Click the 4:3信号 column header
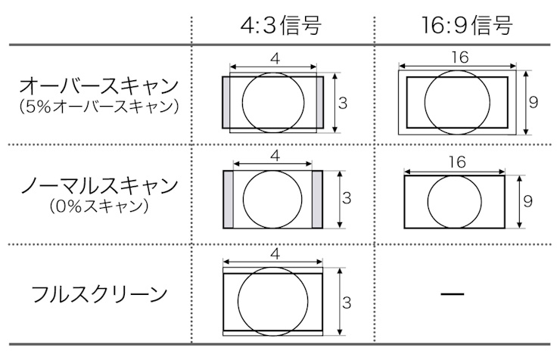[281, 26]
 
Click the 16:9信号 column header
[467, 26]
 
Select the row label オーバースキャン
[99, 86]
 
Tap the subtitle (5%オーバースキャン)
[99, 107]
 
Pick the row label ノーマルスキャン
[99, 185]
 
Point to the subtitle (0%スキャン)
[99, 206]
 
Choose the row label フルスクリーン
[99, 295]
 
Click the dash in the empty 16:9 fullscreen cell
[452, 294]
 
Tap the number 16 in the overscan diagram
[459, 57]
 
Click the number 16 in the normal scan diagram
[458, 163]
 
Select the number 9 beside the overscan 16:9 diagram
[534, 103]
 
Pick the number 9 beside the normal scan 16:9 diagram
[528, 201]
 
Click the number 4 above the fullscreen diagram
[275, 254]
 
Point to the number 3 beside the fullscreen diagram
[347, 303]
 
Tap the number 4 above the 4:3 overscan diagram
[275, 59]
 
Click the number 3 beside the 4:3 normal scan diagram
[347, 198]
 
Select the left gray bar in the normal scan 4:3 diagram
[229, 199]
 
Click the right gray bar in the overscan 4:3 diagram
[319, 102]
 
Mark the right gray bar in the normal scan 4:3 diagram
[317, 199]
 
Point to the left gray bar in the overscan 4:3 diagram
[226, 102]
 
